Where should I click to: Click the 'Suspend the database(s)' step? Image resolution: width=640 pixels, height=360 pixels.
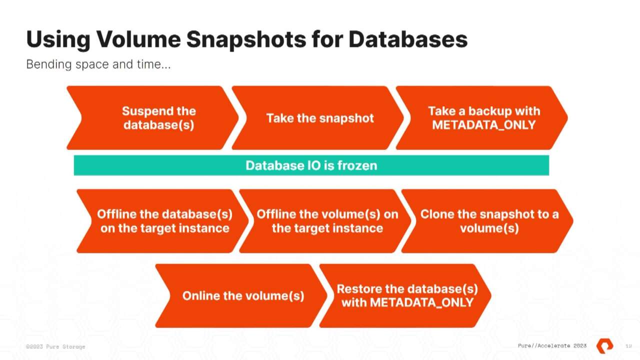158,118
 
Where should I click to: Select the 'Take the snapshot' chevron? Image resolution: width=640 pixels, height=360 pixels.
319,118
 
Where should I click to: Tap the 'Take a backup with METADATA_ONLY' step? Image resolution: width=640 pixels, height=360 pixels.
483,118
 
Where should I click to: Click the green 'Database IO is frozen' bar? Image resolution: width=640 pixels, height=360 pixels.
311,165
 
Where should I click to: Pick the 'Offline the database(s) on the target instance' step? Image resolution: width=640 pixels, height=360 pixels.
164,221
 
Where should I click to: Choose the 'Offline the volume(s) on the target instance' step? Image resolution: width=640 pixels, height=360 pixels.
327,221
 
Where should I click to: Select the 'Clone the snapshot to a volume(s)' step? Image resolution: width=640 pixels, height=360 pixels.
489,221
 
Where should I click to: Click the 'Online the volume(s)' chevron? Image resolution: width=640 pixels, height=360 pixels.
242,295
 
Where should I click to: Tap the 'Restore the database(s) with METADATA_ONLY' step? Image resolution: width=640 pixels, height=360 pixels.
406,295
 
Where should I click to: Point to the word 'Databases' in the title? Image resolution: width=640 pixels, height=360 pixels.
407,39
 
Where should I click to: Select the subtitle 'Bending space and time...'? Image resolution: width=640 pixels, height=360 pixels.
98,64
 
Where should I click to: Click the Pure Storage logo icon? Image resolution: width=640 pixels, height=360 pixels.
604,345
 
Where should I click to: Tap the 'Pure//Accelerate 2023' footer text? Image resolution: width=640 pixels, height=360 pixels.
552,346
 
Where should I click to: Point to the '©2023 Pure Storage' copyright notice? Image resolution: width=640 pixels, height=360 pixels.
55,346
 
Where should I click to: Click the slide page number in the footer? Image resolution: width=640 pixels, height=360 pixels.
628,346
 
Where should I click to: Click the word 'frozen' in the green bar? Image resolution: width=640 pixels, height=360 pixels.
357,165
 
